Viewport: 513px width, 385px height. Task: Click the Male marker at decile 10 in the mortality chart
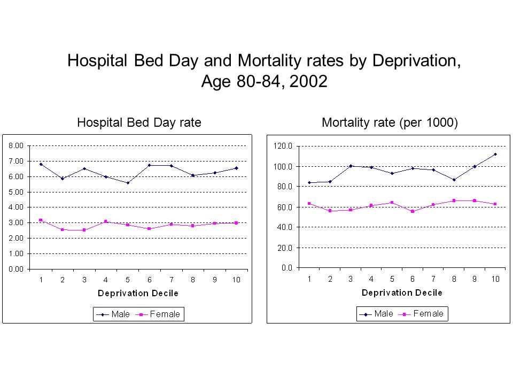tap(495, 154)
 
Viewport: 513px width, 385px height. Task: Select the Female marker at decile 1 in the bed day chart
tap(41, 220)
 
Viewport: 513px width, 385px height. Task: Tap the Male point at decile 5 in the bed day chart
tap(128, 183)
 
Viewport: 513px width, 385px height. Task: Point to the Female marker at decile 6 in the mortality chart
tap(413, 212)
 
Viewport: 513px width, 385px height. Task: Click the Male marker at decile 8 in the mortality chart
tap(454, 180)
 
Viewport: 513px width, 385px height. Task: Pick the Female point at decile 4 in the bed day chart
tap(106, 221)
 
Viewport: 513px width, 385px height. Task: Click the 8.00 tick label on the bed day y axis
tap(16, 145)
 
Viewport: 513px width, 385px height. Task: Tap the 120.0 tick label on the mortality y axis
tap(283, 146)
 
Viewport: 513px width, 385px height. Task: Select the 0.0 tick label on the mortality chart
tap(287, 268)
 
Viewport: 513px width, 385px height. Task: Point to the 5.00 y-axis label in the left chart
tap(16, 192)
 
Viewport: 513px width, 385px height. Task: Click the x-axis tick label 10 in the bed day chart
tap(236, 280)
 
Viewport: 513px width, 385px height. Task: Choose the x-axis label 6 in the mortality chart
tap(413, 279)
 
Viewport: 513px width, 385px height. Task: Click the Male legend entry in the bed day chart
tap(113, 314)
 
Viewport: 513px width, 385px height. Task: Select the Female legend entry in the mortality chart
tap(421, 314)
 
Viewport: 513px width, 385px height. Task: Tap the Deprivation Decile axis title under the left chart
tap(138, 293)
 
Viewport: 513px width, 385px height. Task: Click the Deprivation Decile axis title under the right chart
tap(402, 292)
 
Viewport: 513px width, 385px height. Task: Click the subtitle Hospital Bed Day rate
tap(139, 123)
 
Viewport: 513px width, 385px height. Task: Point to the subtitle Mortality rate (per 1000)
tap(390, 123)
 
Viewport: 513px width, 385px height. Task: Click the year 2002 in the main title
tap(308, 81)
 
